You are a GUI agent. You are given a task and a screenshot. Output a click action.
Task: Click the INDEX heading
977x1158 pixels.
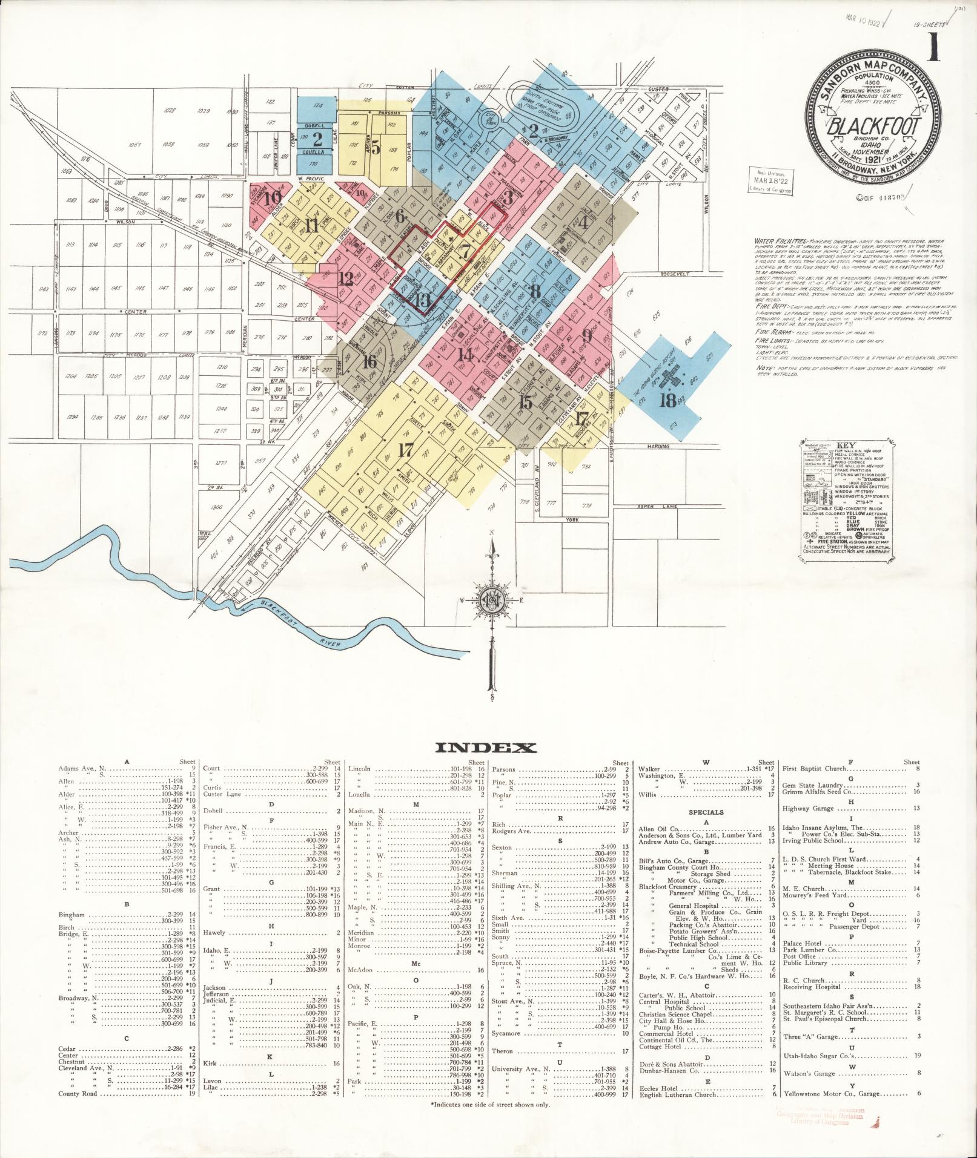click(486, 748)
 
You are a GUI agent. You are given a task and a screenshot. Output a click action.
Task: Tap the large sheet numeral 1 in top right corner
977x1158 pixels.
click(933, 48)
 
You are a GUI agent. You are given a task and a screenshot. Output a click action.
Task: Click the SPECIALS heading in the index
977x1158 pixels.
click(706, 812)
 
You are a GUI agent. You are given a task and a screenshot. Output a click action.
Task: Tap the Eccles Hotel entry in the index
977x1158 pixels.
click(658, 1088)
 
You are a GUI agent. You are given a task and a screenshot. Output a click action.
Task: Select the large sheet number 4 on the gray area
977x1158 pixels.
click(583, 222)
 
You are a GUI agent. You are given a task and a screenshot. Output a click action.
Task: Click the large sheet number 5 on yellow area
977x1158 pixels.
click(376, 147)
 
